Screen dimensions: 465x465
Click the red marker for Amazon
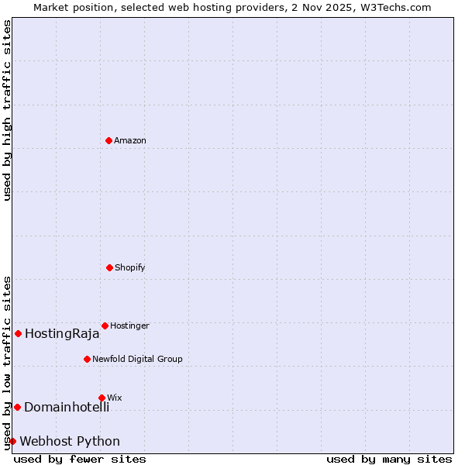point(108,140)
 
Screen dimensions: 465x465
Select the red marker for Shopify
point(109,267)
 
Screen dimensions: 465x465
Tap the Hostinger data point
point(105,325)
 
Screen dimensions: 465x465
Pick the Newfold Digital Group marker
point(87,359)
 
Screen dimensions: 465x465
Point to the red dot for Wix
point(102,398)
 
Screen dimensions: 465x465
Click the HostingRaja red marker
point(18,333)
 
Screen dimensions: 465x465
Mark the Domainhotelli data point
point(17,407)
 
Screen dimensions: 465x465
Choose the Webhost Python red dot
point(12,441)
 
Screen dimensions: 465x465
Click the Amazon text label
point(130,140)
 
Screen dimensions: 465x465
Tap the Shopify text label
point(130,267)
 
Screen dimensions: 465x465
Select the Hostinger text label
point(129,325)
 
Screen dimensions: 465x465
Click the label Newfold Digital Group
point(137,359)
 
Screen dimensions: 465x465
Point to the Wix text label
point(115,398)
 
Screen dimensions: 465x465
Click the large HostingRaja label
point(62,334)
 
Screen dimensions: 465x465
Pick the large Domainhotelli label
point(67,407)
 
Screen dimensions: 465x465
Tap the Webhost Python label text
point(70,441)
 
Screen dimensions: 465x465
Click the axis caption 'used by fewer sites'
point(80,459)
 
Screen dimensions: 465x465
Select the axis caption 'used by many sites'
point(389,459)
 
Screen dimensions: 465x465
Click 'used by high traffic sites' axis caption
point(7,110)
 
